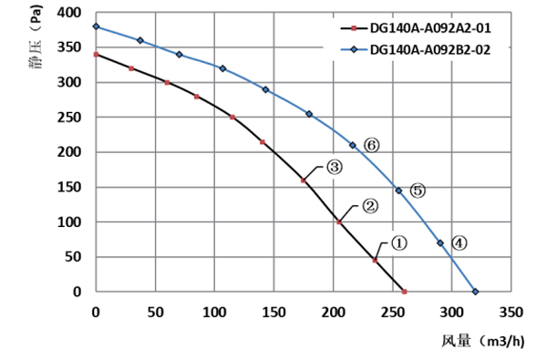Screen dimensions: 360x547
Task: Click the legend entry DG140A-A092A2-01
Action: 430,28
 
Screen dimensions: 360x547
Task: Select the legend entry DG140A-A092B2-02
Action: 430,51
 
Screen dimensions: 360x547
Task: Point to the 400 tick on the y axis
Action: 68,14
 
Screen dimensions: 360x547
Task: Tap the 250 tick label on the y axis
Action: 68,118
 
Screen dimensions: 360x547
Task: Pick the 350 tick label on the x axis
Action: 511,312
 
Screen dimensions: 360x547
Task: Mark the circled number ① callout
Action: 398,242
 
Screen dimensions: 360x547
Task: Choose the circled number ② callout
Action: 370,206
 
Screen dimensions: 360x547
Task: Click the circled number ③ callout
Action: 334,168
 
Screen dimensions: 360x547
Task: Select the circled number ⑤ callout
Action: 418,190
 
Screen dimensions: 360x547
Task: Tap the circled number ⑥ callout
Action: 370,145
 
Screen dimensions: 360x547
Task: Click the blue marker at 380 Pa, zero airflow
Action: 96,27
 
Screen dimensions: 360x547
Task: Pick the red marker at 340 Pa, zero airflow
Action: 96,55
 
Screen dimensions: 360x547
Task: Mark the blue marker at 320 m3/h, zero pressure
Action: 475,292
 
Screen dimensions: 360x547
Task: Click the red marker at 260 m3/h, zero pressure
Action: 404,292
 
